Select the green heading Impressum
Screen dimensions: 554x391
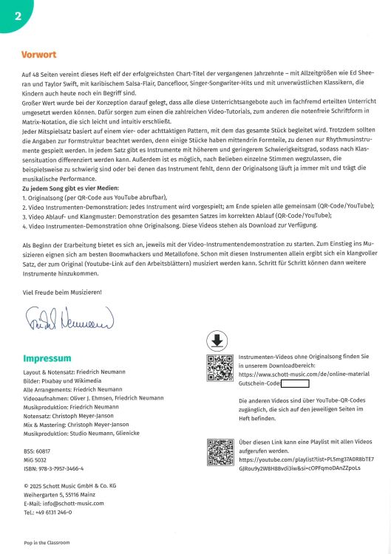47,359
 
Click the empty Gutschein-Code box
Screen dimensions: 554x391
295,383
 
